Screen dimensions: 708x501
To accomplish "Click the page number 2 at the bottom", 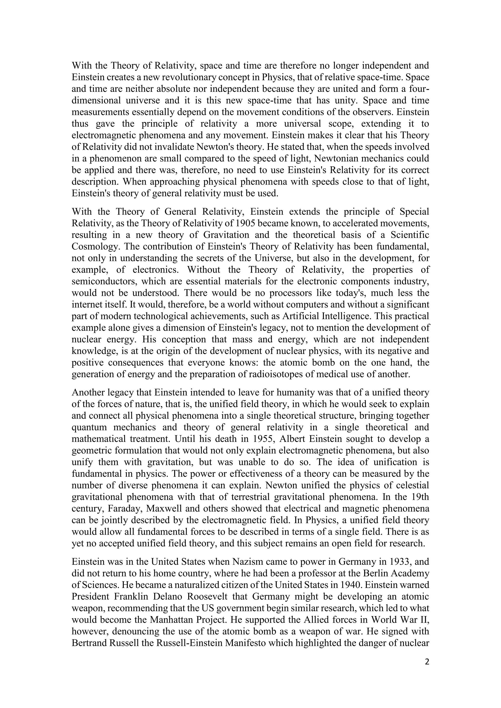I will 427,662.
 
